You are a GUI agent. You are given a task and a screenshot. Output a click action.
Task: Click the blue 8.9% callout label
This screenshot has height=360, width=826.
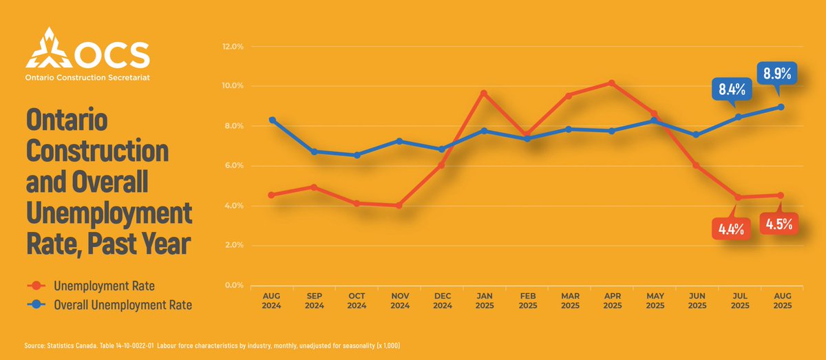pos(776,72)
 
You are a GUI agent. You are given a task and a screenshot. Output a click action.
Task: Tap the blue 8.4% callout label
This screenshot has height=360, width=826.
pos(732,88)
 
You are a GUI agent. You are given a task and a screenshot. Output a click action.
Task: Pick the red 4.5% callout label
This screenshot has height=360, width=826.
pos(779,224)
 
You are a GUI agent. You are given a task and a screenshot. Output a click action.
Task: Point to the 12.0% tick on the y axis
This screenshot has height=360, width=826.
pos(233,47)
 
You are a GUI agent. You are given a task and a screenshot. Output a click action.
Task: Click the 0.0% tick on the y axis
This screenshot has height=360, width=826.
pos(233,285)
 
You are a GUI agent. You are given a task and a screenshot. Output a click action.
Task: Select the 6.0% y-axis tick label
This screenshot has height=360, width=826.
pos(233,166)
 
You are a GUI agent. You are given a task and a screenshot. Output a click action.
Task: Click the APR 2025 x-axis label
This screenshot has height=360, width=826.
pos(612,301)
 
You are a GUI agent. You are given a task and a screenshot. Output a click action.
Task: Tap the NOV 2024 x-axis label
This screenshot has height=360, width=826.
pos(399,301)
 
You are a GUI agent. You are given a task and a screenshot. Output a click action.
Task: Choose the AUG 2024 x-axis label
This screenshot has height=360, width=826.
pos(272,301)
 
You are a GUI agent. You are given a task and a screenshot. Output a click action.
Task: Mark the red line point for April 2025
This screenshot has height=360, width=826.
pos(612,83)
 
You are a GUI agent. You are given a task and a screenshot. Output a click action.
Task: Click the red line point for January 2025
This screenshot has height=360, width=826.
pos(485,94)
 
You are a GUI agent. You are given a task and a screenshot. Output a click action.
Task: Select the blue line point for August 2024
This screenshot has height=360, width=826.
pos(273,120)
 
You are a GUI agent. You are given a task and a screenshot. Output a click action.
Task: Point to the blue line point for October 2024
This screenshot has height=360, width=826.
pos(357,156)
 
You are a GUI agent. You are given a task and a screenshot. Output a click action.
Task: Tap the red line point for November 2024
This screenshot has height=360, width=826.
pos(399,205)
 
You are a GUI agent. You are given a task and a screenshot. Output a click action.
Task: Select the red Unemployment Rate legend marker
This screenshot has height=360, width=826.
pos(41,285)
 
